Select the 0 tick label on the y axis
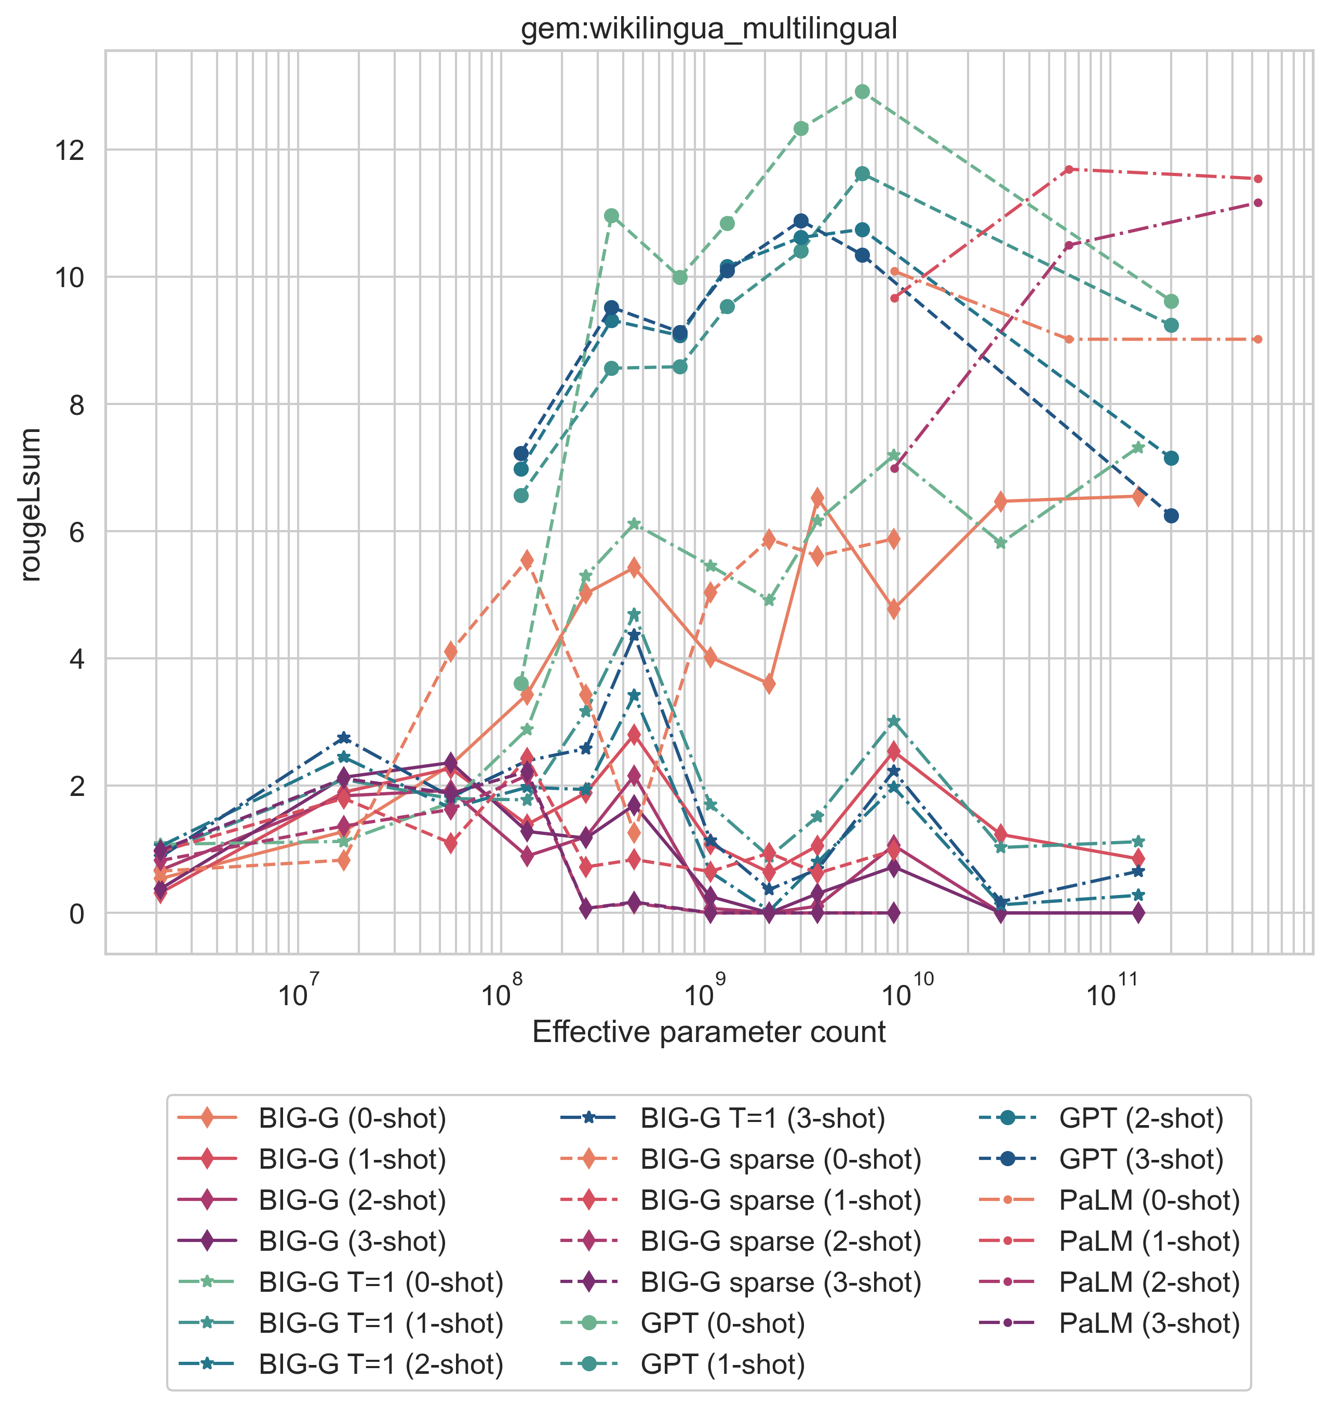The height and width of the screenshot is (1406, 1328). [75, 913]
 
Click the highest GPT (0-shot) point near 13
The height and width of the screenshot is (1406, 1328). [862, 91]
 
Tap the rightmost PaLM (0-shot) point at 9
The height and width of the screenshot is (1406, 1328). [1257, 340]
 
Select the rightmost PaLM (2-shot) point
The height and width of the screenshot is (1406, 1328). [1257, 202]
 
